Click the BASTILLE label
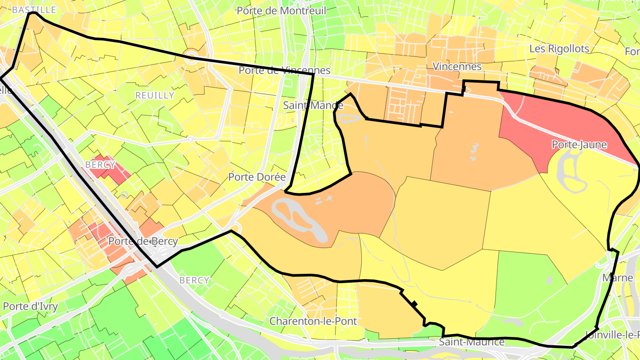[34, 9]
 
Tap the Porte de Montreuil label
[281, 11]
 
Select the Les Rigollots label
[559, 48]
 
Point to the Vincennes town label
[457, 67]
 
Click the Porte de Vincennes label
[284, 70]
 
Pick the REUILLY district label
[155, 96]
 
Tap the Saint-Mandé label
[313, 105]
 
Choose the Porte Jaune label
[579, 144]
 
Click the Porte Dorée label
[256, 177]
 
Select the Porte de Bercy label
[143, 241]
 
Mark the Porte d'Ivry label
[30, 307]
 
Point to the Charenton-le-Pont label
[313, 321]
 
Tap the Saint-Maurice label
[472, 342]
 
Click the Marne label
[617, 278]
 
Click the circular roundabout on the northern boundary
[192, 56]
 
